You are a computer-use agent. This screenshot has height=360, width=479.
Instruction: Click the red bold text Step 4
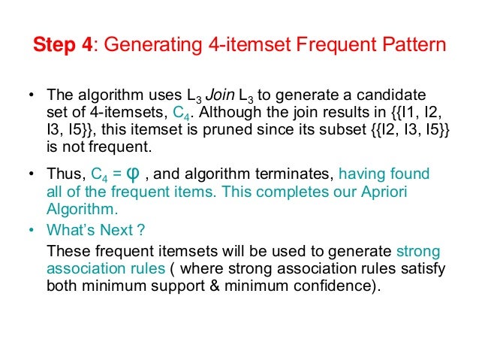[62, 44]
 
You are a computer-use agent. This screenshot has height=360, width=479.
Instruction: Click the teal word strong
[417, 251]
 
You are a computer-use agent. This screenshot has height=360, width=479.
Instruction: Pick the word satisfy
[424, 268]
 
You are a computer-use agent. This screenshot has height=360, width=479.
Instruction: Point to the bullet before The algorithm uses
[32, 96]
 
